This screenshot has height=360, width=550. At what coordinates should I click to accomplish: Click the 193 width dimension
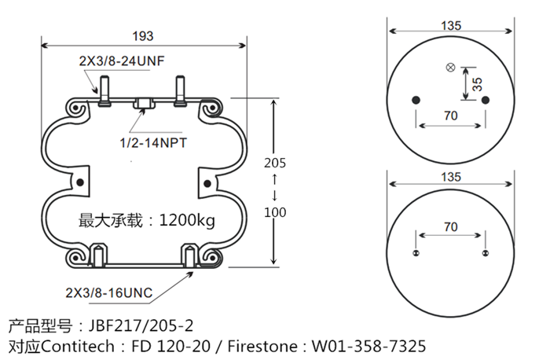[143, 35]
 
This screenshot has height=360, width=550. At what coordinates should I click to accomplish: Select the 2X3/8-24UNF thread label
[121, 61]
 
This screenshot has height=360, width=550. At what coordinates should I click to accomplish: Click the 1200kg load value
[187, 220]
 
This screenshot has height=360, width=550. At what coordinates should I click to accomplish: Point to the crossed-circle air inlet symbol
[450, 68]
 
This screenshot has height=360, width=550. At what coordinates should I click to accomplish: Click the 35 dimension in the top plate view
[476, 83]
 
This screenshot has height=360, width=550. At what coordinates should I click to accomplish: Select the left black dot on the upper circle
[416, 100]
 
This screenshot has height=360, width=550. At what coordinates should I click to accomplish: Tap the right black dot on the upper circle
[486, 100]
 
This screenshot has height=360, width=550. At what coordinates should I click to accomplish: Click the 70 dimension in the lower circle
[451, 227]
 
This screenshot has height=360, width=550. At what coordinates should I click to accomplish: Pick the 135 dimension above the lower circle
[451, 178]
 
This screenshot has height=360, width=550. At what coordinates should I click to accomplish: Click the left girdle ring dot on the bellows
[79, 182]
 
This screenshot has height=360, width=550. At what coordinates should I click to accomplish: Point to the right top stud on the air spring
[181, 88]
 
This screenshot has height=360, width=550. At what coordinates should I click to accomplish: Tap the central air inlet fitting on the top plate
[145, 103]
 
